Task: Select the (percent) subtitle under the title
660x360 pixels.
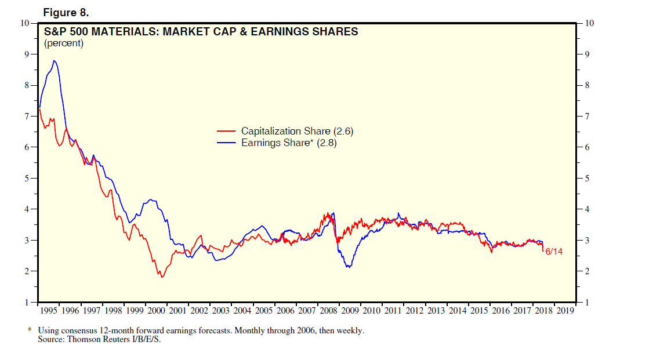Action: (64, 43)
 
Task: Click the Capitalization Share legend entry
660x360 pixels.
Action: (289, 132)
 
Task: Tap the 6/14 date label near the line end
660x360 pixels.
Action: (554, 252)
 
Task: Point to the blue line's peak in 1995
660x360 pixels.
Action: (54, 60)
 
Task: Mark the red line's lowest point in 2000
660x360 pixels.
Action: (162, 277)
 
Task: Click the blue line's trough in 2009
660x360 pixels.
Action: (348, 267)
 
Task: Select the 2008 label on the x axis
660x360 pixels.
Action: (329, 311)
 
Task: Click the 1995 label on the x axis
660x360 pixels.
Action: (49, 311)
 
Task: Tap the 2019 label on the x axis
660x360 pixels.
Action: (565, 311)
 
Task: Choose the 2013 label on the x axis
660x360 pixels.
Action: (436, 311)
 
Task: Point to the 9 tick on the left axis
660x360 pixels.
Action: (26, 54)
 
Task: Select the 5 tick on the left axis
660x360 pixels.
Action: (26, 178)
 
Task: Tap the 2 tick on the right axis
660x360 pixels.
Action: (589, 271)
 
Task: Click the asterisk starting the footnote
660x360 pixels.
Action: (30, 330)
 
